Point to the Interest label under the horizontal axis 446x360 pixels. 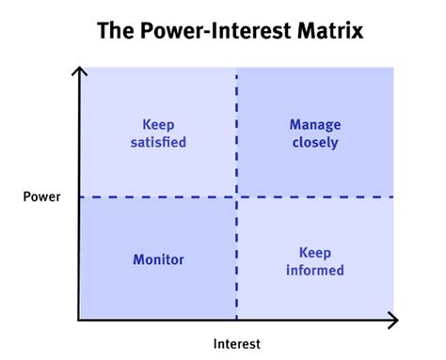point(236,344)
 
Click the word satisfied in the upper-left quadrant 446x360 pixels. point(157,143)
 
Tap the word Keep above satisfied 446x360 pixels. point(157,125)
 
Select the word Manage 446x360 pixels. point(314,125)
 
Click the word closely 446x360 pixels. point(314,143)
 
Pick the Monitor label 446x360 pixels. point(157,259)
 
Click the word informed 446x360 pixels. point(314,270)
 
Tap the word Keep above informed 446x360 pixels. point(314,252)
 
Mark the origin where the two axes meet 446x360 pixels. point(79,321)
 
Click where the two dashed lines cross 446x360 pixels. point(236,196)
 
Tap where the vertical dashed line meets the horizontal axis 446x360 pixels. point(236,321)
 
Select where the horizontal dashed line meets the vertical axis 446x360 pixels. point(79,196)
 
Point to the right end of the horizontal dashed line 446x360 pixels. point(390,196)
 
